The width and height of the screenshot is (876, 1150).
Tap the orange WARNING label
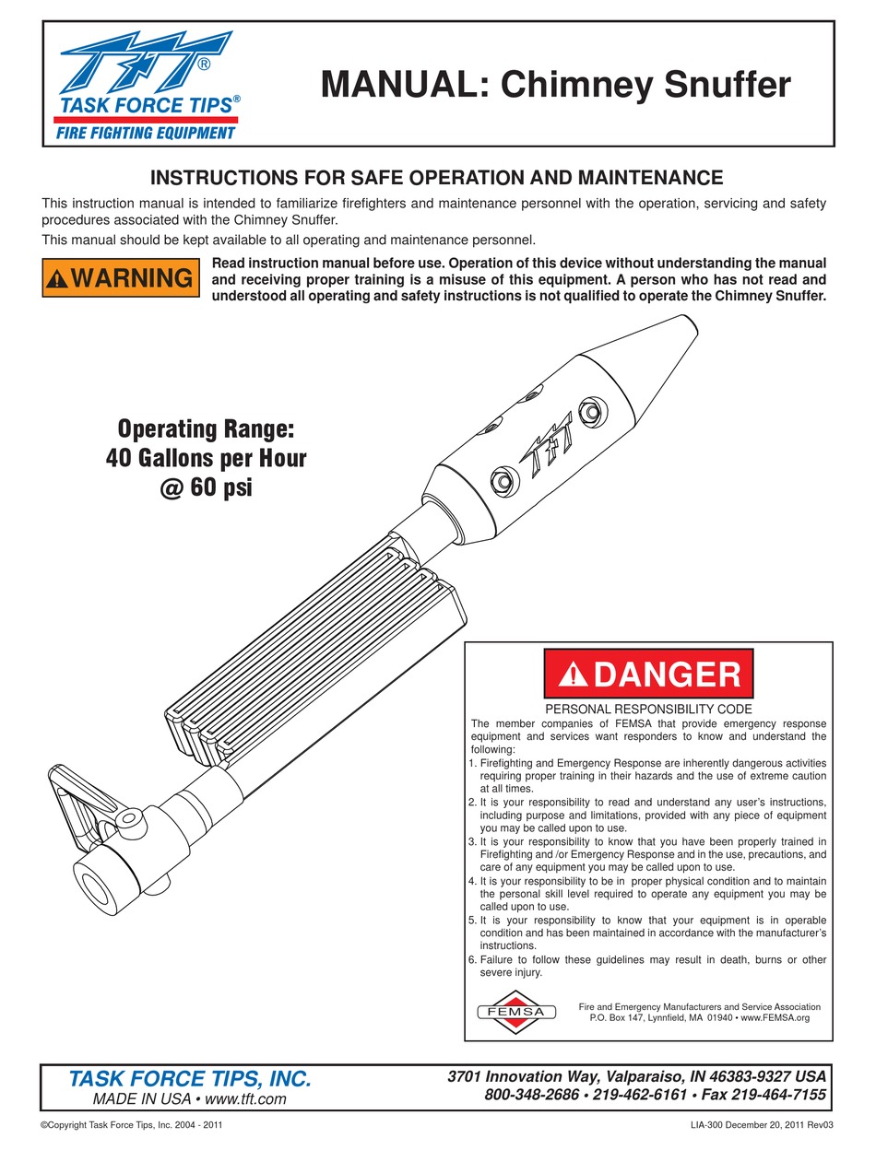click(x=121, y=277)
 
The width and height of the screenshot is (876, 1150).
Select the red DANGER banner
click(x=648, y=675)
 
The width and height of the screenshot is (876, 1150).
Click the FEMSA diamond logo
click(x=516, y=1012)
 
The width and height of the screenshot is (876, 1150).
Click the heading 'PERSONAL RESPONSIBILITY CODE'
click(x=648, y=710)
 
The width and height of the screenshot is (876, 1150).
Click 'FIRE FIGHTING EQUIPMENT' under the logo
click(x=146, y=134)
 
